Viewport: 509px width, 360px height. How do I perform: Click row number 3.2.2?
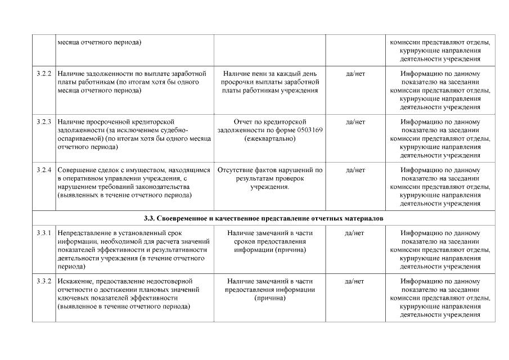[44, 74]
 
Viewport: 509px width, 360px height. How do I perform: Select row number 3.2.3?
[44, 121]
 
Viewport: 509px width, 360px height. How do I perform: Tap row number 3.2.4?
[44, 170]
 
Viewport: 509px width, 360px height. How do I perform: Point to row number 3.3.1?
[44, 233]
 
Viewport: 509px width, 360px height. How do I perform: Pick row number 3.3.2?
[44, 281]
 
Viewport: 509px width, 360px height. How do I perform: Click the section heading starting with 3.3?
[263, 218]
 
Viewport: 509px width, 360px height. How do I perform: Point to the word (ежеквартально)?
[270, 138]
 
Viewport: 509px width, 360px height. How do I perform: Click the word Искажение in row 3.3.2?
[76, 281]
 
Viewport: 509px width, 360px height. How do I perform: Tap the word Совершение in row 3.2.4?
[79, 170]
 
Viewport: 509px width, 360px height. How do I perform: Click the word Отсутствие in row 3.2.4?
[236, 170]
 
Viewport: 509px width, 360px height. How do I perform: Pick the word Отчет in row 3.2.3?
[244, 121]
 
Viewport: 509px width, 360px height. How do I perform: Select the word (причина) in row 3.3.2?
[270, 298]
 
